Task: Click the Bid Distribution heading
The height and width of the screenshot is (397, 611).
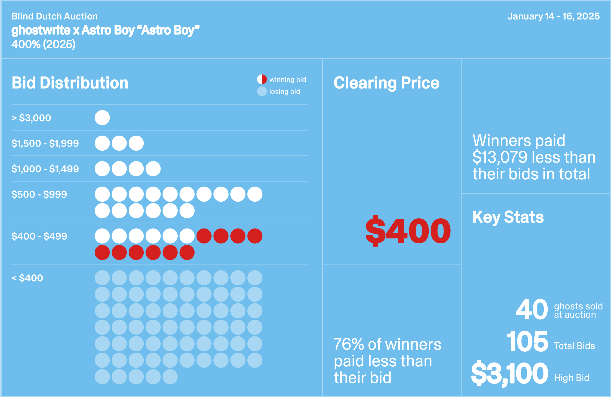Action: (x=70, y=83)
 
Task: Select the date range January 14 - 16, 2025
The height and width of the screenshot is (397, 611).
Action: (x=553, y=16)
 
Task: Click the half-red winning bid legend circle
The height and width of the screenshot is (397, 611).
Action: (x=262, y=79)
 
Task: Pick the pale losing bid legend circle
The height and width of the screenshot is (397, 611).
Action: (x=262, y=91)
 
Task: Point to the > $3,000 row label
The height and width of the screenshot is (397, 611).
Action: (x=31, y=118)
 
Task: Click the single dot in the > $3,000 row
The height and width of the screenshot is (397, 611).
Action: (x=102, y=118)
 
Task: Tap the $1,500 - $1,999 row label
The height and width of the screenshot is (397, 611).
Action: (x=45, y=143)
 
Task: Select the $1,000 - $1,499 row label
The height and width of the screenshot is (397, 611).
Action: (x=45, y=169)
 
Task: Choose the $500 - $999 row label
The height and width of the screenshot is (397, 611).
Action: (x=39, y=194)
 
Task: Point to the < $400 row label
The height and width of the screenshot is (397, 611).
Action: (x=27, y=278)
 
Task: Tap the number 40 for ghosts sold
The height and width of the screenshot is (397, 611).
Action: (x=532, y=310)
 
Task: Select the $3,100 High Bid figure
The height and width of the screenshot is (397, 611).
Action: (x=510, y=374)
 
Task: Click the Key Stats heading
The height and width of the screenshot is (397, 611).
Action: (x=508, y=217)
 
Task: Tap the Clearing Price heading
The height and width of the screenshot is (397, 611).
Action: (x=386, y=83)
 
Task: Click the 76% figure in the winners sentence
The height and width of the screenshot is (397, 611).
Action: (x=348, y=344)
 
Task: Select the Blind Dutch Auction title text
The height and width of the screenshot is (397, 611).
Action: (x=55, y=16)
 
